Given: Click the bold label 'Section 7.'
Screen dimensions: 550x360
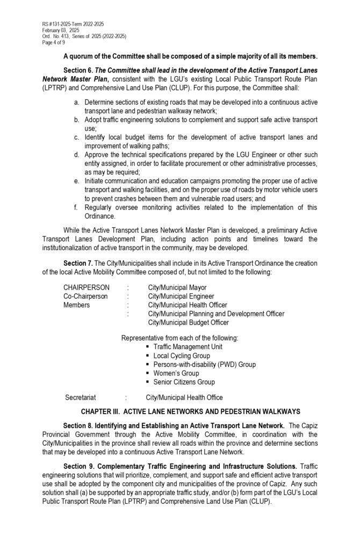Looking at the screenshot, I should [x=77, y=263].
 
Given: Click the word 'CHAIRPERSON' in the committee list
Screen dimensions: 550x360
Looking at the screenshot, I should [x=87, y=287].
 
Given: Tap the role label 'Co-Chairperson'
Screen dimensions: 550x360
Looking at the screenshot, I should [x=85, y=296].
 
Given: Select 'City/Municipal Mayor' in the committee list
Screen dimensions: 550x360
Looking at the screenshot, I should [x=177, y=287].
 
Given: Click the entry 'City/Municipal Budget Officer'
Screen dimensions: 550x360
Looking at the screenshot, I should [x=188, y=322].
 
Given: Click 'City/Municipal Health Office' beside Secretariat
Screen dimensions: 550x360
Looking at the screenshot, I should [x=184, y=397].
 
